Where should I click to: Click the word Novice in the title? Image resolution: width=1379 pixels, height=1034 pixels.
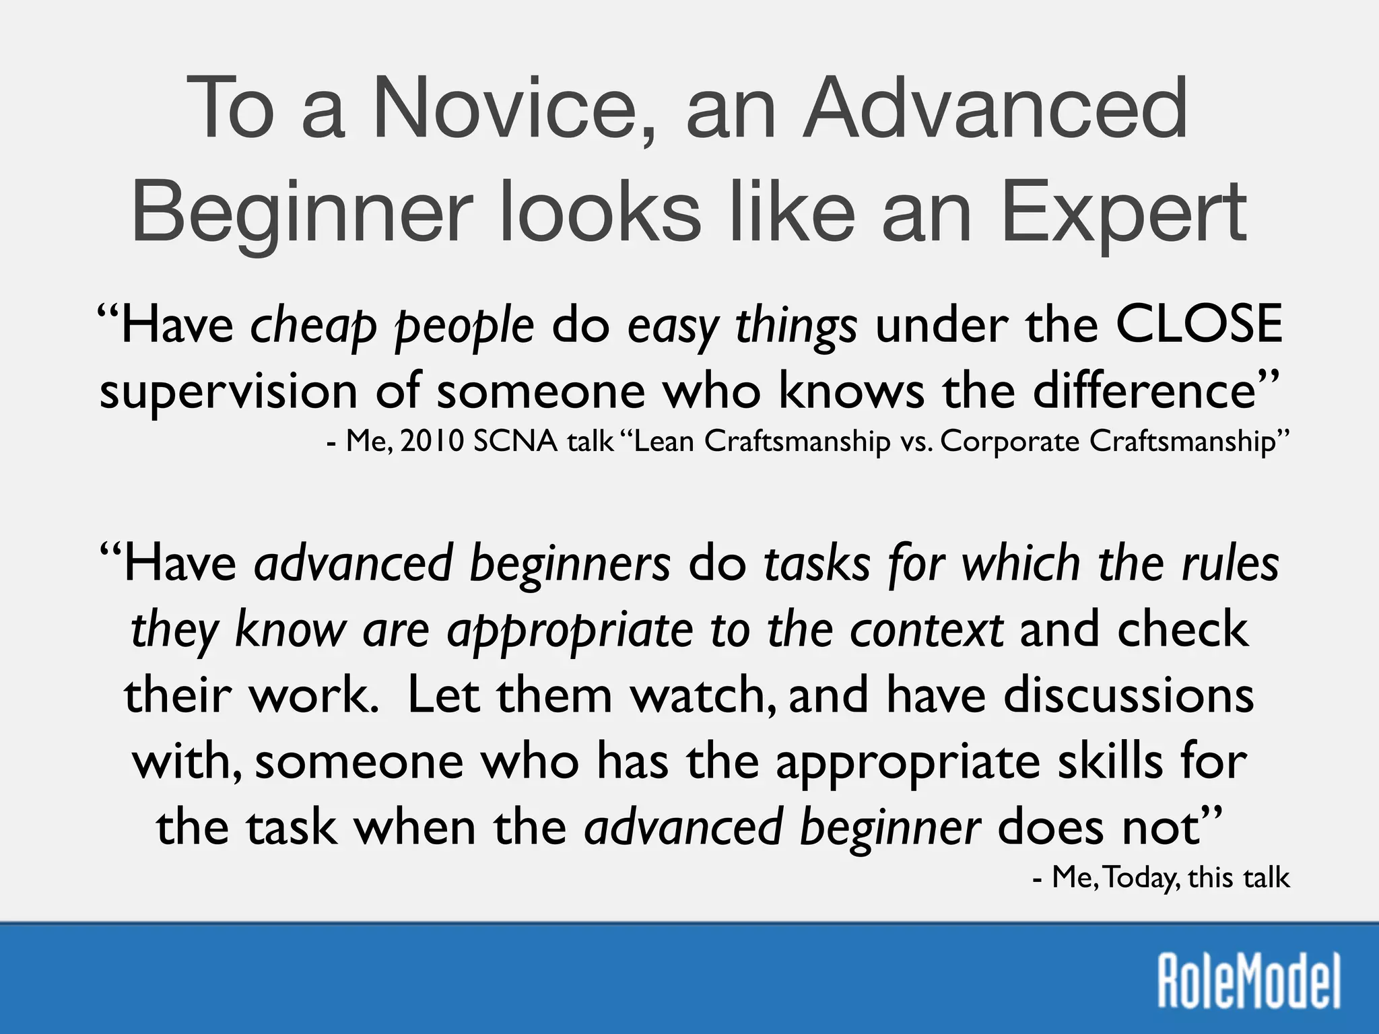pos(504,108)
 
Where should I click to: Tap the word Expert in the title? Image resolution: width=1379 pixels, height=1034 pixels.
pos(1124,212)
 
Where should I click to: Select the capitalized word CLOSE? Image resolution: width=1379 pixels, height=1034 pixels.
pos(1198,324)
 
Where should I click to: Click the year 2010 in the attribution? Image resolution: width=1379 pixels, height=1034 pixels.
pos(432,442)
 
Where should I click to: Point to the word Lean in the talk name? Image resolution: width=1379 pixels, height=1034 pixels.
pos(663,442)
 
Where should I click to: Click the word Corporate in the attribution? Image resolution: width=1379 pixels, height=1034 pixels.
pos(1010,442)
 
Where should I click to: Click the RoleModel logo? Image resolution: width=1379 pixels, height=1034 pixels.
pos(1248,981)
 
